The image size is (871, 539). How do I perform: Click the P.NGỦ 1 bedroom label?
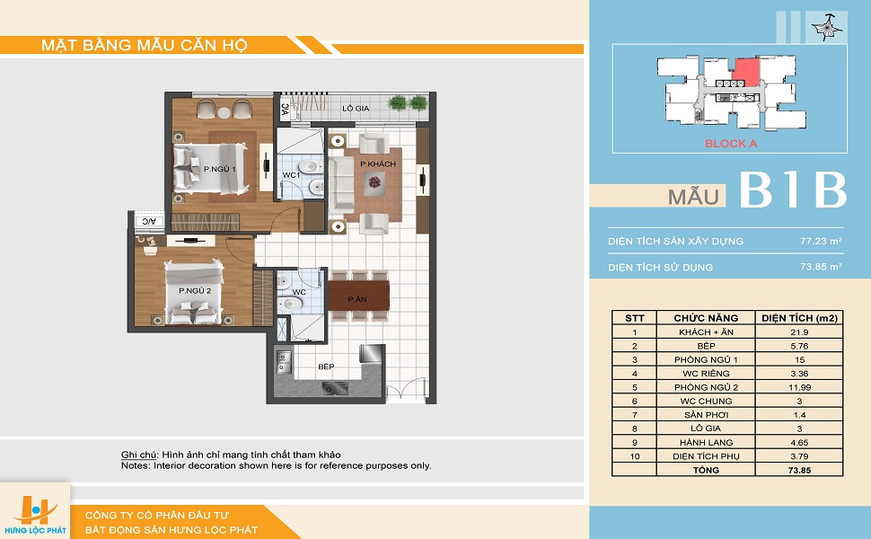[x=219, y=169]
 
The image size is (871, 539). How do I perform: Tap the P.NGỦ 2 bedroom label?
[x=195, y=291]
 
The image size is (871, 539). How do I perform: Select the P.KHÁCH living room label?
[x=378, y=163]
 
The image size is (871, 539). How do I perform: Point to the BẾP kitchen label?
[x=326, y=367]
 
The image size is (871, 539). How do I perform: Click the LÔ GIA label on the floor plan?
[x=356, y=109]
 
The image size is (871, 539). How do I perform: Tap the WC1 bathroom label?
[x=291, y=175]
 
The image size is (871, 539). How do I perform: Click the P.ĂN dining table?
[x=358, y=296]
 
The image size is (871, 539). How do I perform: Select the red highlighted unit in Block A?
[x=746, y=72]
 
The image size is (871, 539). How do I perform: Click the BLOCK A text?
[x=730, y=144]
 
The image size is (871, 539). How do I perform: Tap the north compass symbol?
[x=823, y=28]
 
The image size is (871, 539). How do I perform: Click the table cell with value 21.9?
[x=799, y=332]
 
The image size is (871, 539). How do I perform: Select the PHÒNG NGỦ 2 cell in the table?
[x=706, y=387]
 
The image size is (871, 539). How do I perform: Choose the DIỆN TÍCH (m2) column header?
[x=799, y=318]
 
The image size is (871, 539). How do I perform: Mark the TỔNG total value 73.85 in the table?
[x=799, y=470]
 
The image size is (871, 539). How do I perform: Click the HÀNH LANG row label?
[x=706, y=442]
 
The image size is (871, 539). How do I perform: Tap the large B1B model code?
[x=793, y=190]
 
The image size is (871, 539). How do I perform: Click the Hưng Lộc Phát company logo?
[x=36, y=514]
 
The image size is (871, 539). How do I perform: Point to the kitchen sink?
[x=283, y=362]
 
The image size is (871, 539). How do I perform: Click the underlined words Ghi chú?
[x=139, y=455]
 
